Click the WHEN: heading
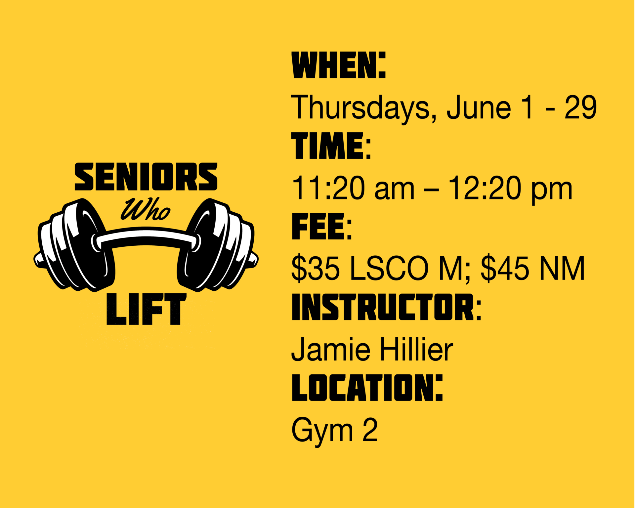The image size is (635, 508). (x=339, y=65)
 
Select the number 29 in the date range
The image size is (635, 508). (x=580, y=107)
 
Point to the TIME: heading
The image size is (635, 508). (x=331, y=146)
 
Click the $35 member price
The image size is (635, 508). (x=316, y=268)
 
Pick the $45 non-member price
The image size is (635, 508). (x=505, y=268)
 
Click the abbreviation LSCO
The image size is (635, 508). (x=389, y=268)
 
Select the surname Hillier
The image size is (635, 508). (x=416, y=349)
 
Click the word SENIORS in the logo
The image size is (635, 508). (x=146, y=177)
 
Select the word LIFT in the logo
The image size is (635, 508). (x=146, y=309)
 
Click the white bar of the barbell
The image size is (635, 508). (x=146, y=237)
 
